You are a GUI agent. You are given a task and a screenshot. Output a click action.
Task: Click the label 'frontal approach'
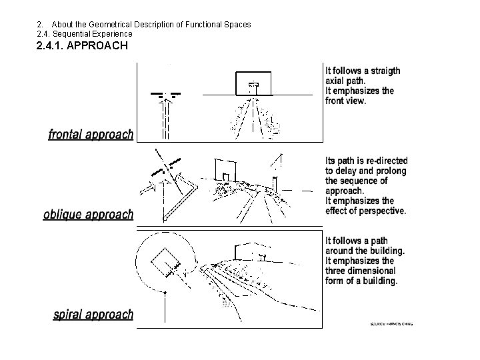pyautogui.click(x=91, y=134)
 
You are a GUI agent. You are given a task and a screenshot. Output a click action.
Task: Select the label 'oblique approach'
pyautogui.click(x=88, y=215)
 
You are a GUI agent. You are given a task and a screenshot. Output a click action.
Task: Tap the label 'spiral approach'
pyautogui.click(x=93, y=314)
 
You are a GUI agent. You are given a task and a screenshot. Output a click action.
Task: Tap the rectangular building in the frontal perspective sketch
pyautogui.click(x=253, y=83)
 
